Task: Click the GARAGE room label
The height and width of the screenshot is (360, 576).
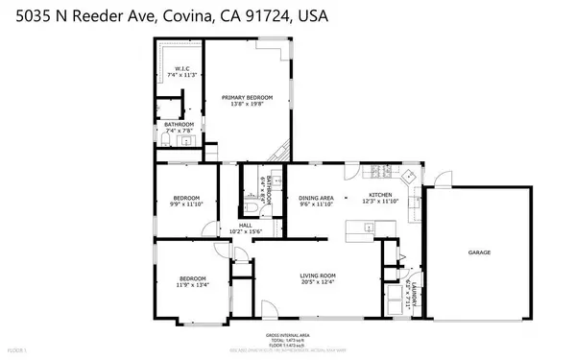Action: point(480,252)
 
